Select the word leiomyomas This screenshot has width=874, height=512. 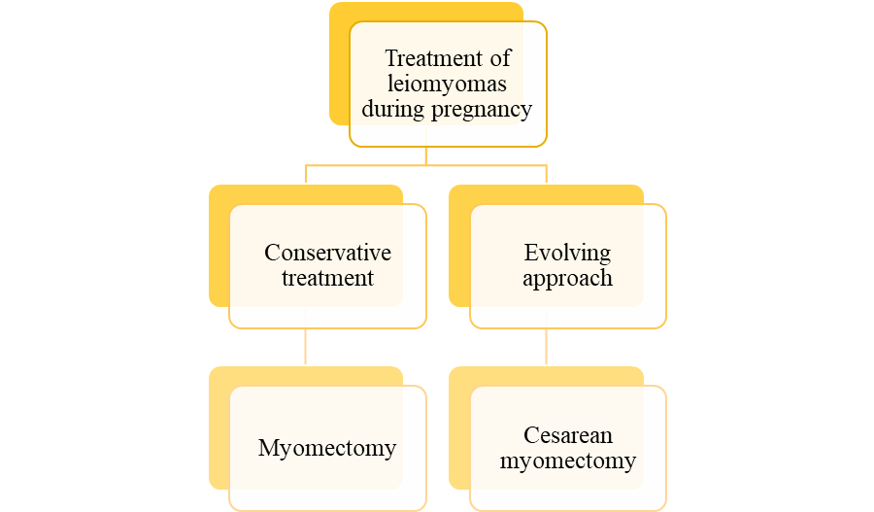[x=448, y=84]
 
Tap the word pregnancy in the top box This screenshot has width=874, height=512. [x=480, y=109]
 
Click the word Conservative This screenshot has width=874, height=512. [x=327, y=253]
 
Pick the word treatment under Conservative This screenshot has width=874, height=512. [x=327, y=278]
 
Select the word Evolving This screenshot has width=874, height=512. [x=567, y=253]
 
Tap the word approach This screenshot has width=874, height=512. [x=567, y=278]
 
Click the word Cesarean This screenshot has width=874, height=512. [x=568, y=435]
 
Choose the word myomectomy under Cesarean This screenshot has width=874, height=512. [x=568, y=461]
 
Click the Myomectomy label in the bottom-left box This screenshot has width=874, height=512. [x=327, y=448]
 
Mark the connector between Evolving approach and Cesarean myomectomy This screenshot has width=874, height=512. [x=547, y=346]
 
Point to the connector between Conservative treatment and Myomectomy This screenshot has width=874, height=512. [x=306, y=346]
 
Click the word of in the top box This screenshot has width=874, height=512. [x=501, y=58]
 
